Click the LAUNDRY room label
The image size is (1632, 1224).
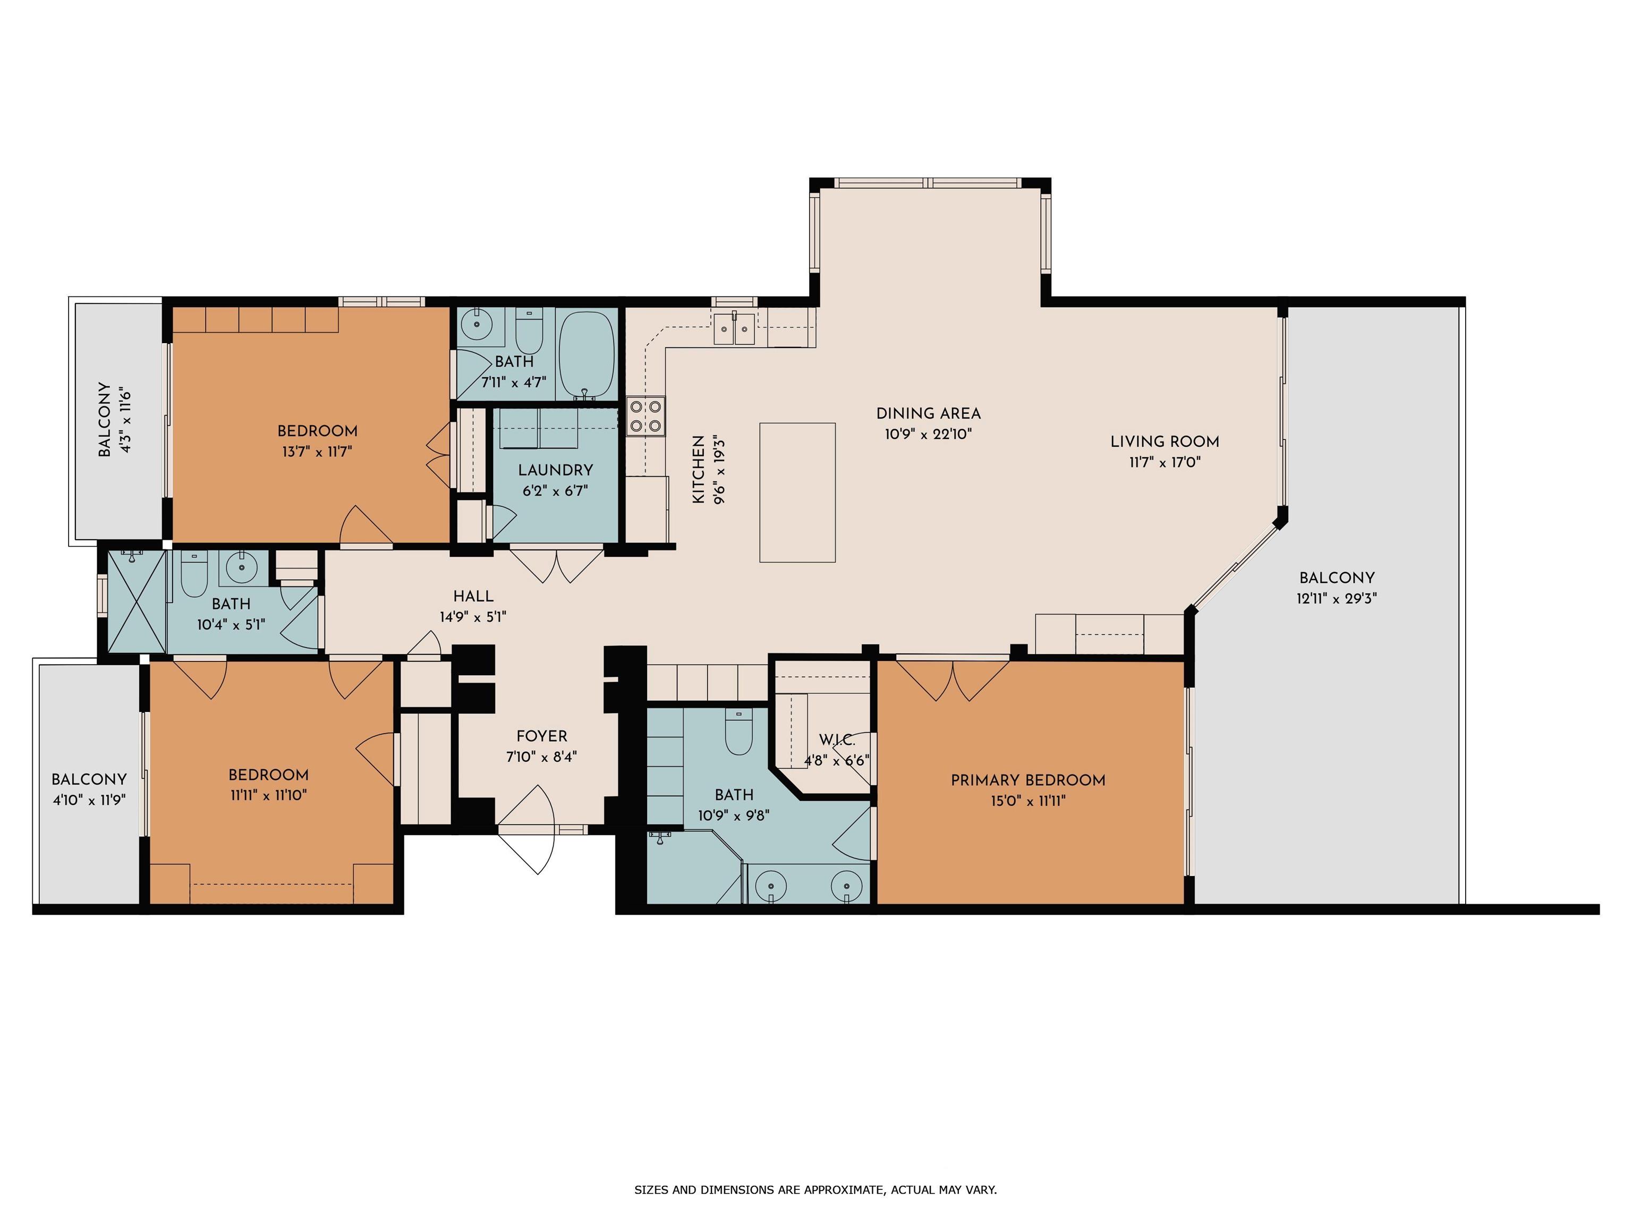click(555, 470)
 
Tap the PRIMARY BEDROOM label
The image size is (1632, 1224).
click(1028, 780)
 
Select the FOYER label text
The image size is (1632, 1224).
click(541, 736)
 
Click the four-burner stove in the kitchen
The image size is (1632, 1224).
click(645, 416)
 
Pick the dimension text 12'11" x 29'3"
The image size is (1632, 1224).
click(1337, 598)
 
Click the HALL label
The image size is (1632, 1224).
click(473, 596)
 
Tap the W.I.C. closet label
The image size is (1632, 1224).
click(837, 740)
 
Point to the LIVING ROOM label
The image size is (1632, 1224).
click(1165, 442)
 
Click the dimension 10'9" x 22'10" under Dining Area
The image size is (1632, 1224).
click(928, 434)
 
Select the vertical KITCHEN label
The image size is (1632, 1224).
click(698, 470)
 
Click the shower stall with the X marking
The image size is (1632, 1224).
click(137, 601)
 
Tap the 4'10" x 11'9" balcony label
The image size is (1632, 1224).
click(89, 800)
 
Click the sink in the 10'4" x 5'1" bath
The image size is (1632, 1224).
click(241, 567)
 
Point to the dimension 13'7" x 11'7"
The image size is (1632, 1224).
click(317, 452)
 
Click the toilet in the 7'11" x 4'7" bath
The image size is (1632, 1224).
click(528, 332)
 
